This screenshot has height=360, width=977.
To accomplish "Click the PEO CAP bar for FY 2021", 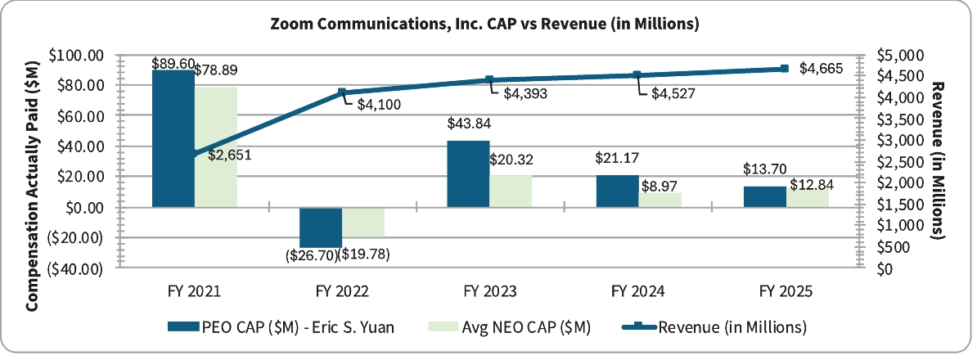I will click(173, 139).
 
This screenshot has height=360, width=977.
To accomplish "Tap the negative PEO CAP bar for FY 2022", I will click(321, 227).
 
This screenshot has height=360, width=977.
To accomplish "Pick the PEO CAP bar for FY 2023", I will click(468, 174).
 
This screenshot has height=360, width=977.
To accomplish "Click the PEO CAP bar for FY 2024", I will click(617, 191).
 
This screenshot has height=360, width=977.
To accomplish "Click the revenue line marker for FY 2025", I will click(784, 69).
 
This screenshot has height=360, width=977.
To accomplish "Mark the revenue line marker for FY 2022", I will click(342, 92).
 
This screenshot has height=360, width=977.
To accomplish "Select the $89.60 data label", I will click(173, 63).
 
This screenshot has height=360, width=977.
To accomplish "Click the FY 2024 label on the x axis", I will click(637, 290).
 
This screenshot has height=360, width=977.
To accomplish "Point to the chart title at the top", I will click(484, 24).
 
